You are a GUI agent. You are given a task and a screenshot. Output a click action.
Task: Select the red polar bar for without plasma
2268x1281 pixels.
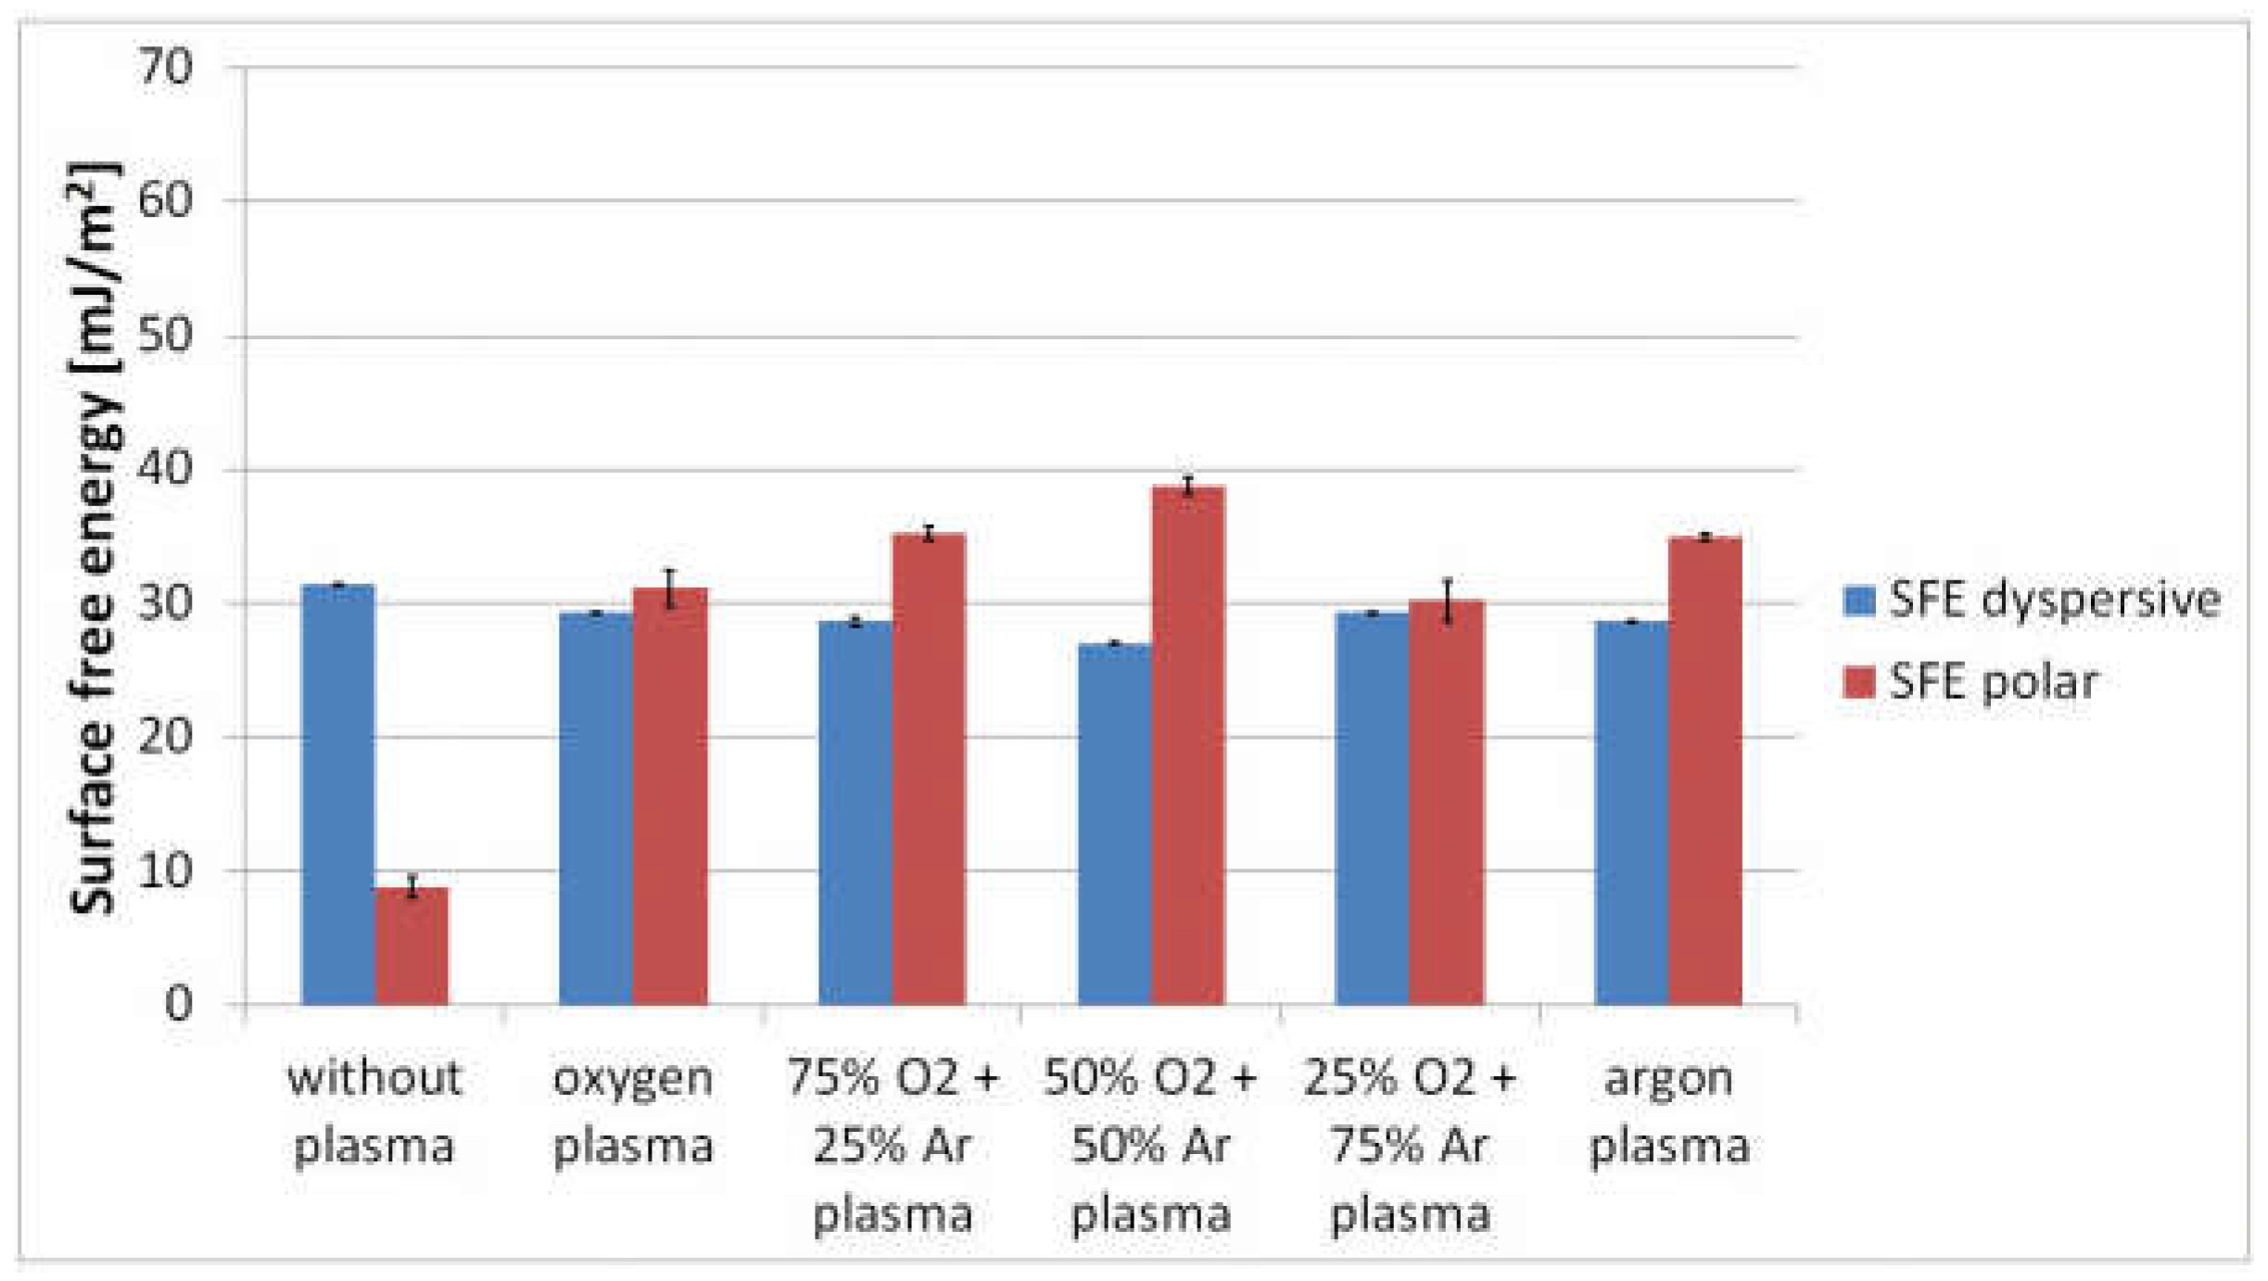click(412, 945)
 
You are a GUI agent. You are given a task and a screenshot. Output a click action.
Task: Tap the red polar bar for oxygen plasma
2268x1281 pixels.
click(670, 797)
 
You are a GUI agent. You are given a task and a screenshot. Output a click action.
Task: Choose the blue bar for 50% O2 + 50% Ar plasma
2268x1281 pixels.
click(1115, 824)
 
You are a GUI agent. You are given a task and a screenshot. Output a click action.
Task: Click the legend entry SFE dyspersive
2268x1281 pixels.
click(2053, 600)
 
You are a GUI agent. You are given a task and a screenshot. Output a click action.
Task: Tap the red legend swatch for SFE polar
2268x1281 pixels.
click(1859, 682)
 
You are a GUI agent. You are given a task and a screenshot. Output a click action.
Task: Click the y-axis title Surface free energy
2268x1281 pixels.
click(94, 538)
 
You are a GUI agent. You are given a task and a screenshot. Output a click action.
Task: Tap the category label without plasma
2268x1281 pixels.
click(374, 1111)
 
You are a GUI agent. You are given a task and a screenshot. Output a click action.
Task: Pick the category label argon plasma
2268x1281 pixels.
click(1669, 1111)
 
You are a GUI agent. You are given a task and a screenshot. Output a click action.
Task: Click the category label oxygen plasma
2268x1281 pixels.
click(633, 1111)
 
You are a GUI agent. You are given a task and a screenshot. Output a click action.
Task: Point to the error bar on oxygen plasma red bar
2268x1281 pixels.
click(670, 589)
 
